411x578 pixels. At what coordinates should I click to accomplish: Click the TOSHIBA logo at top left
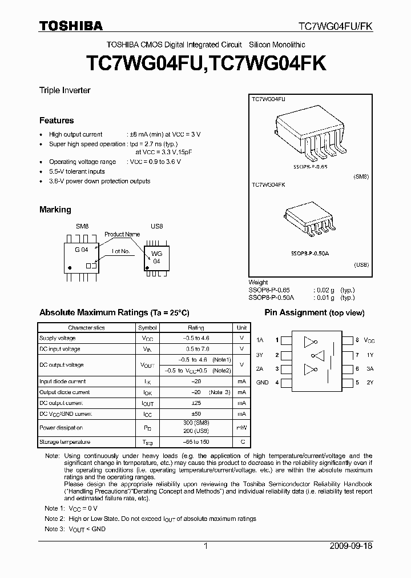click(71, 26)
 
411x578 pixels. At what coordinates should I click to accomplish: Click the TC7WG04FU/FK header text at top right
click(336, 26)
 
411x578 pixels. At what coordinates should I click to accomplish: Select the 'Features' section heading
click(57, 121)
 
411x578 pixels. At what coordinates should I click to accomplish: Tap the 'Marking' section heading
click(55, 210)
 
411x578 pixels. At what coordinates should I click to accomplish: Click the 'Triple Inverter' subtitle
click(65, 90)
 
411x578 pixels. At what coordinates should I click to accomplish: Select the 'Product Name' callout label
click(122, 234)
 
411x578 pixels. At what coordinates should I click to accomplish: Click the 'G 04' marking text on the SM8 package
click(81, 250)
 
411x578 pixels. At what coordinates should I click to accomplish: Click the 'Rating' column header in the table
click(196, 328)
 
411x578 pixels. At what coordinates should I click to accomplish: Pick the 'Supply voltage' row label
click(57, 338)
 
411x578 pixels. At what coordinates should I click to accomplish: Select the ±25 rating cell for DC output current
click(196, 403)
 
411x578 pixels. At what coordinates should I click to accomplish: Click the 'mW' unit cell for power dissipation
click(242, 427)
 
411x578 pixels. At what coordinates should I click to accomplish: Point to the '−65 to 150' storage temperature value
click(196, 441)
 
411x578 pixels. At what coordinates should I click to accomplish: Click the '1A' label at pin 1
click(260, 340)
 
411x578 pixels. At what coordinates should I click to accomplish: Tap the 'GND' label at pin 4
click(262, 383)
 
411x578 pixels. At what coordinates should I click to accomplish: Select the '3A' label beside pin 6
click(370, 369)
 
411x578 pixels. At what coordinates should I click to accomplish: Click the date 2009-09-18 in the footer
click(351, 546)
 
